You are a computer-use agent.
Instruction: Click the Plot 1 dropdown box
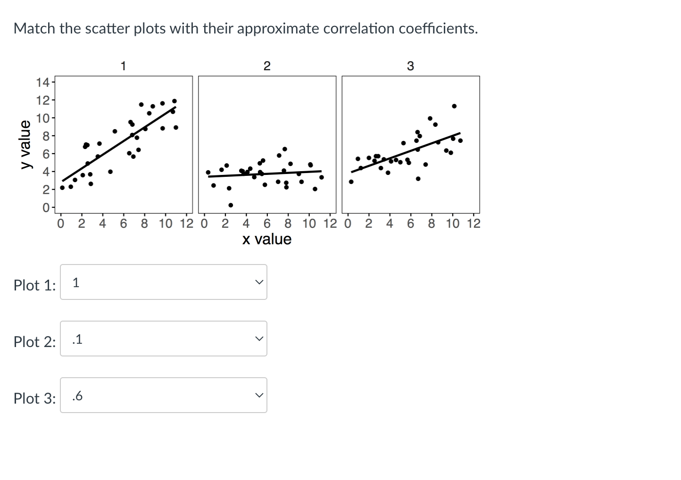163,282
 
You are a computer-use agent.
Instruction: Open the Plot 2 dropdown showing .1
163,339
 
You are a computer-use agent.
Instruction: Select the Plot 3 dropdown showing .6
163,395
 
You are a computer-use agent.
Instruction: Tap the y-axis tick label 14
42,83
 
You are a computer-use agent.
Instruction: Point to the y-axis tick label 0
46,207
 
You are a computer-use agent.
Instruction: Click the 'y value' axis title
25,144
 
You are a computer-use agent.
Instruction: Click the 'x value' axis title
267,239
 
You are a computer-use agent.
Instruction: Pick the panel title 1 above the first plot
123,66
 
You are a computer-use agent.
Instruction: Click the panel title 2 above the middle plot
267,66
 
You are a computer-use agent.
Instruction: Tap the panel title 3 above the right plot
410,66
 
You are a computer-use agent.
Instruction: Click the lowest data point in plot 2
231,205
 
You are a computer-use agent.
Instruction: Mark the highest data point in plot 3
454,106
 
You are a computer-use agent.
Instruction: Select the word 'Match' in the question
34,29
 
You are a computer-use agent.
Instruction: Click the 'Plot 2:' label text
34,341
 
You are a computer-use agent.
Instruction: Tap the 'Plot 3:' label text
34,398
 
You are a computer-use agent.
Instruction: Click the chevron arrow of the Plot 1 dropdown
258,282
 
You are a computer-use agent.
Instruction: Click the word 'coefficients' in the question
437,29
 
